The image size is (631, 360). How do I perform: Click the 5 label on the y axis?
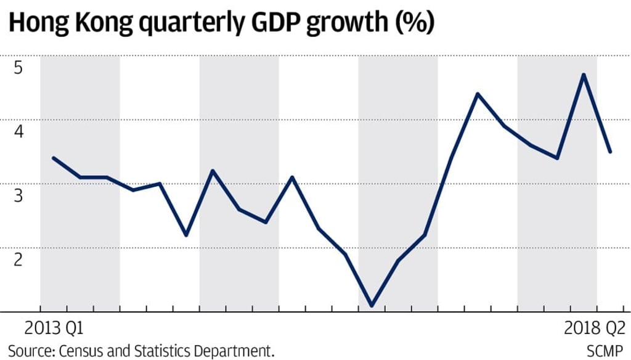(18, 67)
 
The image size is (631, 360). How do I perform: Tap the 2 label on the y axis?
(18, 258)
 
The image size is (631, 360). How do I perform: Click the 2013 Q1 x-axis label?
(54, 327)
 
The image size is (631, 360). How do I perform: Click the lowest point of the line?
(372, 305)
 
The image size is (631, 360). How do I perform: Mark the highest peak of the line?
(584, 75)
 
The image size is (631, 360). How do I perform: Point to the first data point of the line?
(54, 158)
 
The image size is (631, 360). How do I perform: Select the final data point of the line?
(610, 152)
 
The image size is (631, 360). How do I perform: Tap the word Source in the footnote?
(30, 350)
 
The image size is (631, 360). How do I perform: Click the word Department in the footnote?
(237, 351)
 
